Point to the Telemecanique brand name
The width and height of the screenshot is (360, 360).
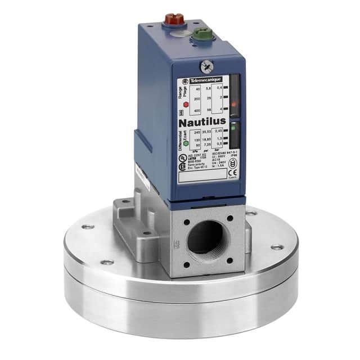point(205,80)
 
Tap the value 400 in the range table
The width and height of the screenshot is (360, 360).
point(197,110)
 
